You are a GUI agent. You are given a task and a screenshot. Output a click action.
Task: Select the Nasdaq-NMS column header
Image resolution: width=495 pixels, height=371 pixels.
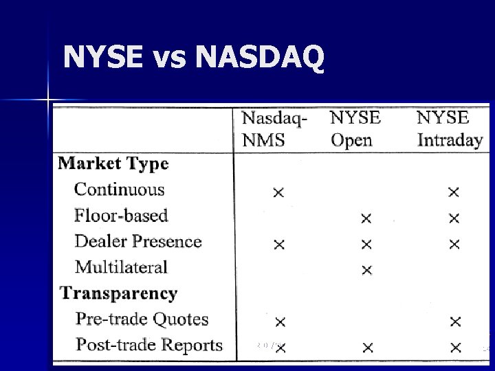coord(274,128)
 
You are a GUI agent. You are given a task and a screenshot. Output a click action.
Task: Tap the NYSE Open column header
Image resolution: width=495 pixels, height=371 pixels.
coord(355,128)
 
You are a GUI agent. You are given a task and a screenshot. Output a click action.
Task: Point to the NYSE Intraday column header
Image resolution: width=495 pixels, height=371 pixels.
coord(450,128)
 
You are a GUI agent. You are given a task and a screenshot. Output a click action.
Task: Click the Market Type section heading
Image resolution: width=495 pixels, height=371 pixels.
coord(113,164)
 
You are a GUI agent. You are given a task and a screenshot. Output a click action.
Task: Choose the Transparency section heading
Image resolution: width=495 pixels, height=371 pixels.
coord(118,293)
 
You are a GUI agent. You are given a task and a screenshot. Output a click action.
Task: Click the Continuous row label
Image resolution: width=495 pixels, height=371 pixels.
coord(120,190)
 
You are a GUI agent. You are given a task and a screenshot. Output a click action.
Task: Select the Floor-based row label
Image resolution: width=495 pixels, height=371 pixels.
coord(121,216)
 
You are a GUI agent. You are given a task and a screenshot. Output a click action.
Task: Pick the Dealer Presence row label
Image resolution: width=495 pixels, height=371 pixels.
coord(137,242)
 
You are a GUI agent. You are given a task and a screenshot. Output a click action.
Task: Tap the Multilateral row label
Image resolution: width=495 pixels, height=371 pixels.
coord(121,267)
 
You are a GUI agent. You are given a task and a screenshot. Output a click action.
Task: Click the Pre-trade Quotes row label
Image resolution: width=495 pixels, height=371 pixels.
coord(142,319)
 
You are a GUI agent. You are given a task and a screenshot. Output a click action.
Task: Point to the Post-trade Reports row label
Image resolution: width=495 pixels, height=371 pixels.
coord(149,345)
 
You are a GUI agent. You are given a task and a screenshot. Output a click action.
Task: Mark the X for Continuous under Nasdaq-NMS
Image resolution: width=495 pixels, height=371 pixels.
coord(278,192)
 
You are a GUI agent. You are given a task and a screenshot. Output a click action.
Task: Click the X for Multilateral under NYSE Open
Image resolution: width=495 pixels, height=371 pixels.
coord(366,270)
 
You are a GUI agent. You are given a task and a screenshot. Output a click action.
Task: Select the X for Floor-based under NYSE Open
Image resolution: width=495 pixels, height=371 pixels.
coord(366,218)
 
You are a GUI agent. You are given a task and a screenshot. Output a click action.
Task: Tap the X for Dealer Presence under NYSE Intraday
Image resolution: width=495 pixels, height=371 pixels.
coord(454,244)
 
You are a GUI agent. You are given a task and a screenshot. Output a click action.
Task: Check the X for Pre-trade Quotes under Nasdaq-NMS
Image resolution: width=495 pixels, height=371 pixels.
coord(280,322)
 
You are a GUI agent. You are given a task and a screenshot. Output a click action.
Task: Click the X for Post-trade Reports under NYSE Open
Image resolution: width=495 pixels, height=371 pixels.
coord(368,348)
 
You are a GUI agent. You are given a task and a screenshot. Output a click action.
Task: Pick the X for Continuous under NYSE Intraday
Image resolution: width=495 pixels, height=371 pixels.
coord(453,192)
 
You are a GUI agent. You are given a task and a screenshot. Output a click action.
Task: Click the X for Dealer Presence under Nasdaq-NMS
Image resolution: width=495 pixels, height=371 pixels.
coord(278,244)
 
